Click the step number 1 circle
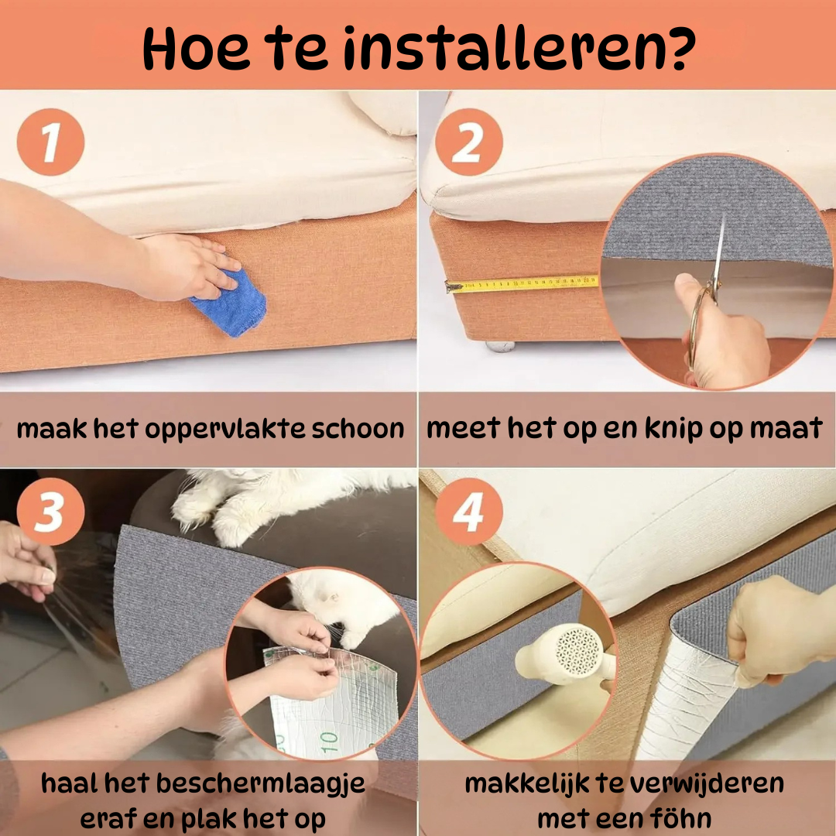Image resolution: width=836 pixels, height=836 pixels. (x=50, y=142)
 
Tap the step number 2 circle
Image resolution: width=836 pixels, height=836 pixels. (x=469, y=142)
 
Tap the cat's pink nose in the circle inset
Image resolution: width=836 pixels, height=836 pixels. (x=334, y=598)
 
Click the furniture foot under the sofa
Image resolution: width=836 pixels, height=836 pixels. (x=499, y=347)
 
